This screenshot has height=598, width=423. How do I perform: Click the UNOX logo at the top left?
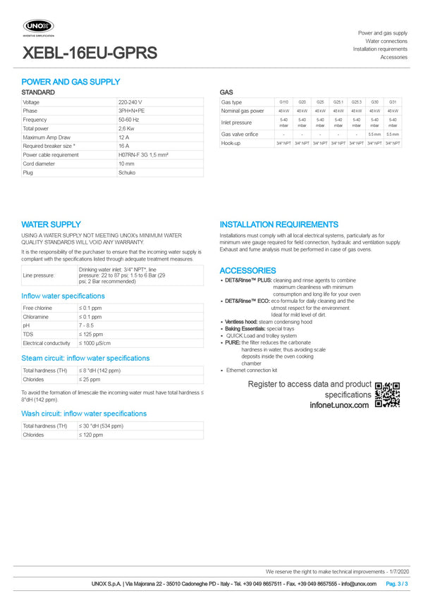click(x=39, y=27)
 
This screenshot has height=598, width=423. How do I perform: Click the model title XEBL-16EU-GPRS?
click(x=90, y=54)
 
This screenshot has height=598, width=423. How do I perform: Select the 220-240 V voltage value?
click(x=130, y=103)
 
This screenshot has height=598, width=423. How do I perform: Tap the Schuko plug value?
click(x=127, y=173)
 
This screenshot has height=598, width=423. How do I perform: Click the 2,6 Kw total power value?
click(x=127, y=129)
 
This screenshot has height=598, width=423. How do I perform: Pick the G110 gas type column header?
click(x=283, y=102)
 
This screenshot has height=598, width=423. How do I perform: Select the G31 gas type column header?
click(x=393, y=102)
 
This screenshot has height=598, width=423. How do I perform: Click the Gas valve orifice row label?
click(x=240, y=134)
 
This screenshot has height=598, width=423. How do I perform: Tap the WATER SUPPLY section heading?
click(x=51, y=225)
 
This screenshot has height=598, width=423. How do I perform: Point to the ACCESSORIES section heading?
click(x=248, y=270)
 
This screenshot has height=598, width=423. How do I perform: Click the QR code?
click(x=387, y=394)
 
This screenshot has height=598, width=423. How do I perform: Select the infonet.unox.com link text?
click(x=339, y=406)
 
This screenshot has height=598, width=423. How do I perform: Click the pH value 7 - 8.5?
click(x=87, y=325)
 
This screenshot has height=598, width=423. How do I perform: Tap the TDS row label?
click(x=29, y=335)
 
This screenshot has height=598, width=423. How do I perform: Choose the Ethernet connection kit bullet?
click(x=252, y=370)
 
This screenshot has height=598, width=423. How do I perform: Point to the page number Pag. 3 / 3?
click(x=397, y=584)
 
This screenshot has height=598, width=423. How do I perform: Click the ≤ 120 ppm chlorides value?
click(x=90, y=435)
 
